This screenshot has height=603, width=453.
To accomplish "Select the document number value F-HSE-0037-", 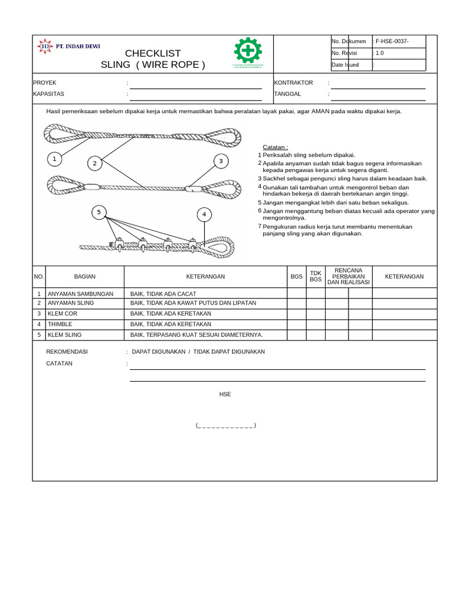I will [x=392, y=41].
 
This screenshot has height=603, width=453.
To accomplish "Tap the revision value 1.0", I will [x=379, y=53].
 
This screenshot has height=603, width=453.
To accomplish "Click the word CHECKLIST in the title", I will [x=153, y=53].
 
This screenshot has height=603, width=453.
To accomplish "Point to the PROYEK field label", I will [x=45, y=83].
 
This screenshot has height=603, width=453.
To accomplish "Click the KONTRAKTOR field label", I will [x=294, y=83].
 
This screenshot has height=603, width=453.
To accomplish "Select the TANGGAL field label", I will [x=288, y=94].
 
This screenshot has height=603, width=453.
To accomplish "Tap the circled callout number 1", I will [x=54, y=159].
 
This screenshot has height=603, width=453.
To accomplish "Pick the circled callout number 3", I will [x=221, y=160].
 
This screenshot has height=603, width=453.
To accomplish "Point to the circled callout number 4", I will [x=204, y=214].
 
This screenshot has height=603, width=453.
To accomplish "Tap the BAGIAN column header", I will [x=85, y=276].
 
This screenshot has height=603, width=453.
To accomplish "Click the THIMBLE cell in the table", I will [x=60, y=324].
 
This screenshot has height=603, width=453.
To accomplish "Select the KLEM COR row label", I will [x=63, y=314].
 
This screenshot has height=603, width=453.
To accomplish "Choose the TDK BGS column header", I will [x=316, y=276].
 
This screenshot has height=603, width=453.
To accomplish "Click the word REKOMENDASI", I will [x=67, y=352].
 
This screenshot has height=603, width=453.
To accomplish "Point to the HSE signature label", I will [x=225, y=394].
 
